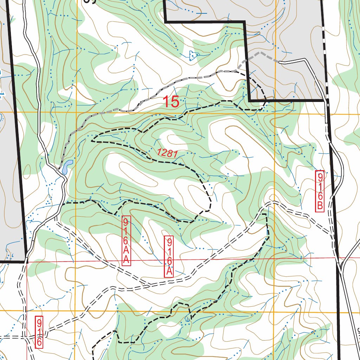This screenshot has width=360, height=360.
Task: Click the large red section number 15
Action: pos(171,102)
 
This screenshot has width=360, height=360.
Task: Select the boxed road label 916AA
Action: pos(126,240)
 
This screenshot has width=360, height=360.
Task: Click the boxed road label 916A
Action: pos(169,256)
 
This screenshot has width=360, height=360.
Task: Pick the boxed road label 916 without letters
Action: pos(39,332)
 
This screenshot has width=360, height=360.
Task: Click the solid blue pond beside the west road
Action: pos(67,167)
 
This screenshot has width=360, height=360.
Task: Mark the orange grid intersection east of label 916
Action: pos(76,311)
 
